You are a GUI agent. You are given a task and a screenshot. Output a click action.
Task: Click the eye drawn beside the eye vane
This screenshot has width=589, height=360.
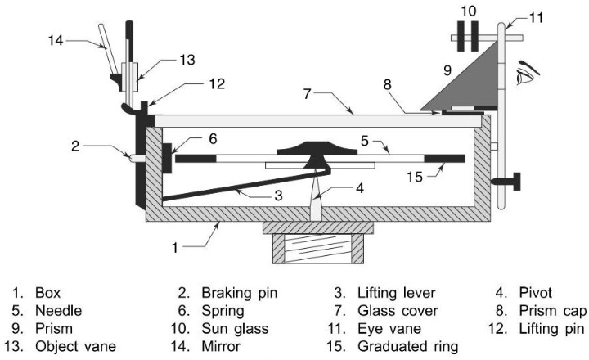pos(527,74)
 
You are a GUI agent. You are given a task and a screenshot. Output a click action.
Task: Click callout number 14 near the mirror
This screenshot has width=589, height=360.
pos(56,40)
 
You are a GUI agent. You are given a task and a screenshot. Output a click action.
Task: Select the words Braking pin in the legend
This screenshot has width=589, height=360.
pos(239,293)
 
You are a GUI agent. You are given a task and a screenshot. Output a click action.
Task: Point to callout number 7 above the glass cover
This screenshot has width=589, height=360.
pos(308,94)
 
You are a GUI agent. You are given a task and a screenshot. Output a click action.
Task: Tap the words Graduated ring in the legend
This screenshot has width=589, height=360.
pos(407,346)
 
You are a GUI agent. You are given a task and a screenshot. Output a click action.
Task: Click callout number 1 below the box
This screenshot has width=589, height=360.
pos(175,248)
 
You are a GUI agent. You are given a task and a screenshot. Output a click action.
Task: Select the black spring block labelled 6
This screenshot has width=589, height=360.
pos(167,158)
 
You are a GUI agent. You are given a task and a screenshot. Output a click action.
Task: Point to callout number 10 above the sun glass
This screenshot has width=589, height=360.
pos(469,11)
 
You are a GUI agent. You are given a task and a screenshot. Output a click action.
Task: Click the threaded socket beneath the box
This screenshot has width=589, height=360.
pos(317,249)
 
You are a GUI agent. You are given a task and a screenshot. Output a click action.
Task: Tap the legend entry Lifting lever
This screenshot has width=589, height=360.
pos(396,293)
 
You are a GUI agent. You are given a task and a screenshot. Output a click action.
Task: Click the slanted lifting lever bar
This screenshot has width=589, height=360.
pos(246,186)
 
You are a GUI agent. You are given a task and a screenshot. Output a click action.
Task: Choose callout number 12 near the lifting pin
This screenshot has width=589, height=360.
pos(217,83)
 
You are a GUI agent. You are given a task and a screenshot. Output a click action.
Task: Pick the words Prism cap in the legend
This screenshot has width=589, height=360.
pos(552,311)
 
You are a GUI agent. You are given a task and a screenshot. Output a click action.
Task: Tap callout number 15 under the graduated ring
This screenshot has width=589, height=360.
pos(415,177)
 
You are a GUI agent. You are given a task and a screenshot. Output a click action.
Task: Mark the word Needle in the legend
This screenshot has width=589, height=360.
pos(58,311)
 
